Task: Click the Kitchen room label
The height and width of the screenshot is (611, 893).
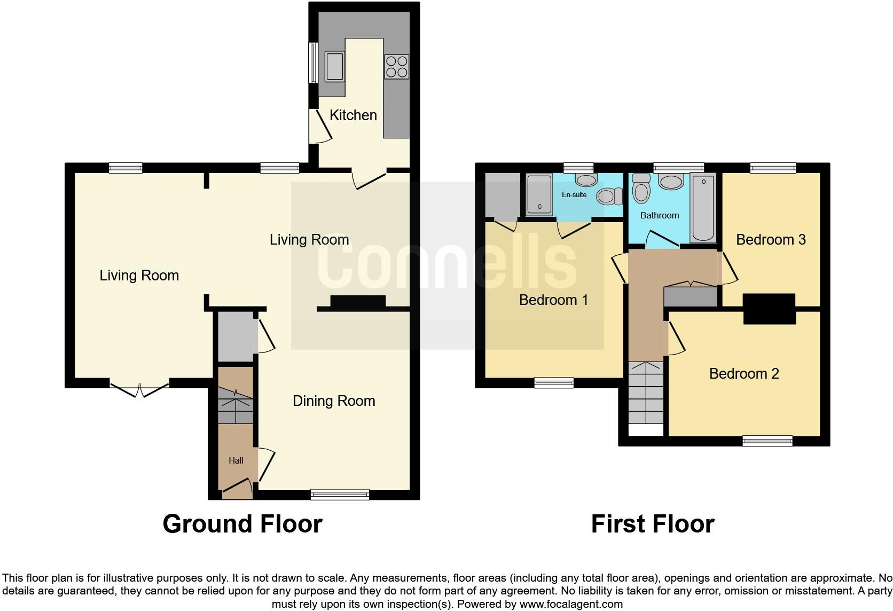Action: [353, 115]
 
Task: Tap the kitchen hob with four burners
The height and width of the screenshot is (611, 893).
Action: [396, 67]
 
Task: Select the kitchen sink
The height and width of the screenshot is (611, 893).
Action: [335, 66]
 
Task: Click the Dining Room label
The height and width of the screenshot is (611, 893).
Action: [334, 401]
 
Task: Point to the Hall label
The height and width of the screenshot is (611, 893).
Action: [236, 460]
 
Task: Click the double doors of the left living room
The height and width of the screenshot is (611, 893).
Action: [139, 389]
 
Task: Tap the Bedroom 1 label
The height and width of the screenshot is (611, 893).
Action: [553, 300]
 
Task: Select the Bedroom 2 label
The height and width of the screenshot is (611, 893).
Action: [743, 373]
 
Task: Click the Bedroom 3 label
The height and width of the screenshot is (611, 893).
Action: [770, 239]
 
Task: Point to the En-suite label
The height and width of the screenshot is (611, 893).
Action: [574, 194]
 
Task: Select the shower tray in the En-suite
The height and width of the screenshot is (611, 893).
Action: [539, 195]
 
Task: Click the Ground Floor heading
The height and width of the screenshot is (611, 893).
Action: [242, 524]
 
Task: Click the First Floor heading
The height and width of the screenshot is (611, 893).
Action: [652, 524]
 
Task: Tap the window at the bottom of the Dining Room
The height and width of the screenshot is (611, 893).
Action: [340, 495]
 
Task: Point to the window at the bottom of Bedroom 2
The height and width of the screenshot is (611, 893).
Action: [767, 441]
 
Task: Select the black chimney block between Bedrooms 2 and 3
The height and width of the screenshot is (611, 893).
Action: [769, 309]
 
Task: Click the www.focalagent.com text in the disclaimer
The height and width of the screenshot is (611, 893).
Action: [571, 604]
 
